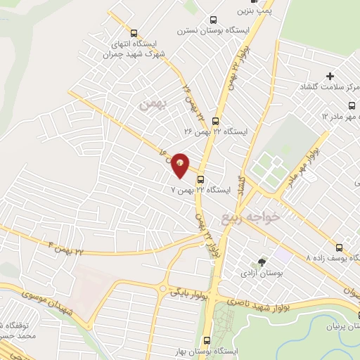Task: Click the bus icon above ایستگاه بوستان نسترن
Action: tap(213, 22)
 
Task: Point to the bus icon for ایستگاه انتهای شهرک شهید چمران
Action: tap(134, 32)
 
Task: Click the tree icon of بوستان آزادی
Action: tap(262, 262)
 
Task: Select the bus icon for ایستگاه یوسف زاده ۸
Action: tap(340, 247)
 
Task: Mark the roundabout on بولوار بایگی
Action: tap(163, 289)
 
